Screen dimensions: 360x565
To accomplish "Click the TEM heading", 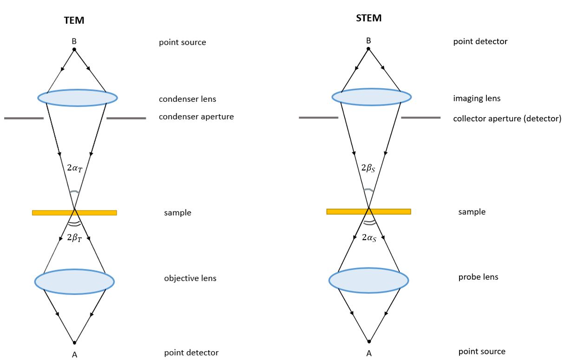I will point(74,20).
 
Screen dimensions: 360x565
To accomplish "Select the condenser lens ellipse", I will point(77,98).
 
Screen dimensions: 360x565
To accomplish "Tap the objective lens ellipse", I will point(74,281).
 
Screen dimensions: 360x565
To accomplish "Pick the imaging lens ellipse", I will point(371,97).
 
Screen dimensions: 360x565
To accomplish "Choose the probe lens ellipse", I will point(368,280).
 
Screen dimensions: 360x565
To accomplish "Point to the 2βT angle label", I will point(74,239).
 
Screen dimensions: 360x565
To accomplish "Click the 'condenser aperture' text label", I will point(196,117).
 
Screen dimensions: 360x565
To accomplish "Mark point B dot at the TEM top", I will point(74,49).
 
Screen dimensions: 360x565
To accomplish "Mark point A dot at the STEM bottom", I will point(369,341).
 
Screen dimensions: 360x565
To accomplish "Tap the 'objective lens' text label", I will point(190,279).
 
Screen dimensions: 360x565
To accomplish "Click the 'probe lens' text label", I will point(478,277).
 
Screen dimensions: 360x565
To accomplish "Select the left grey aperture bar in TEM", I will point(24,118).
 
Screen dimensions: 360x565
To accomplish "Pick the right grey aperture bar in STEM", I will point(420,118).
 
